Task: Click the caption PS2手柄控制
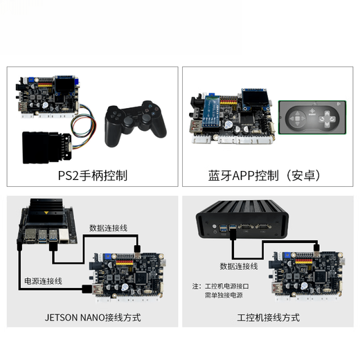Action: pyautogui.click(x=93, y=175)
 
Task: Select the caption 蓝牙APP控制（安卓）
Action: pyautogui.click(x=265, y=175)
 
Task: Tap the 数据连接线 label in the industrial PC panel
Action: pyautogui.click(x=240, y=266)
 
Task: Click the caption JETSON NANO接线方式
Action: pyautogui.click(x=92, y=317)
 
